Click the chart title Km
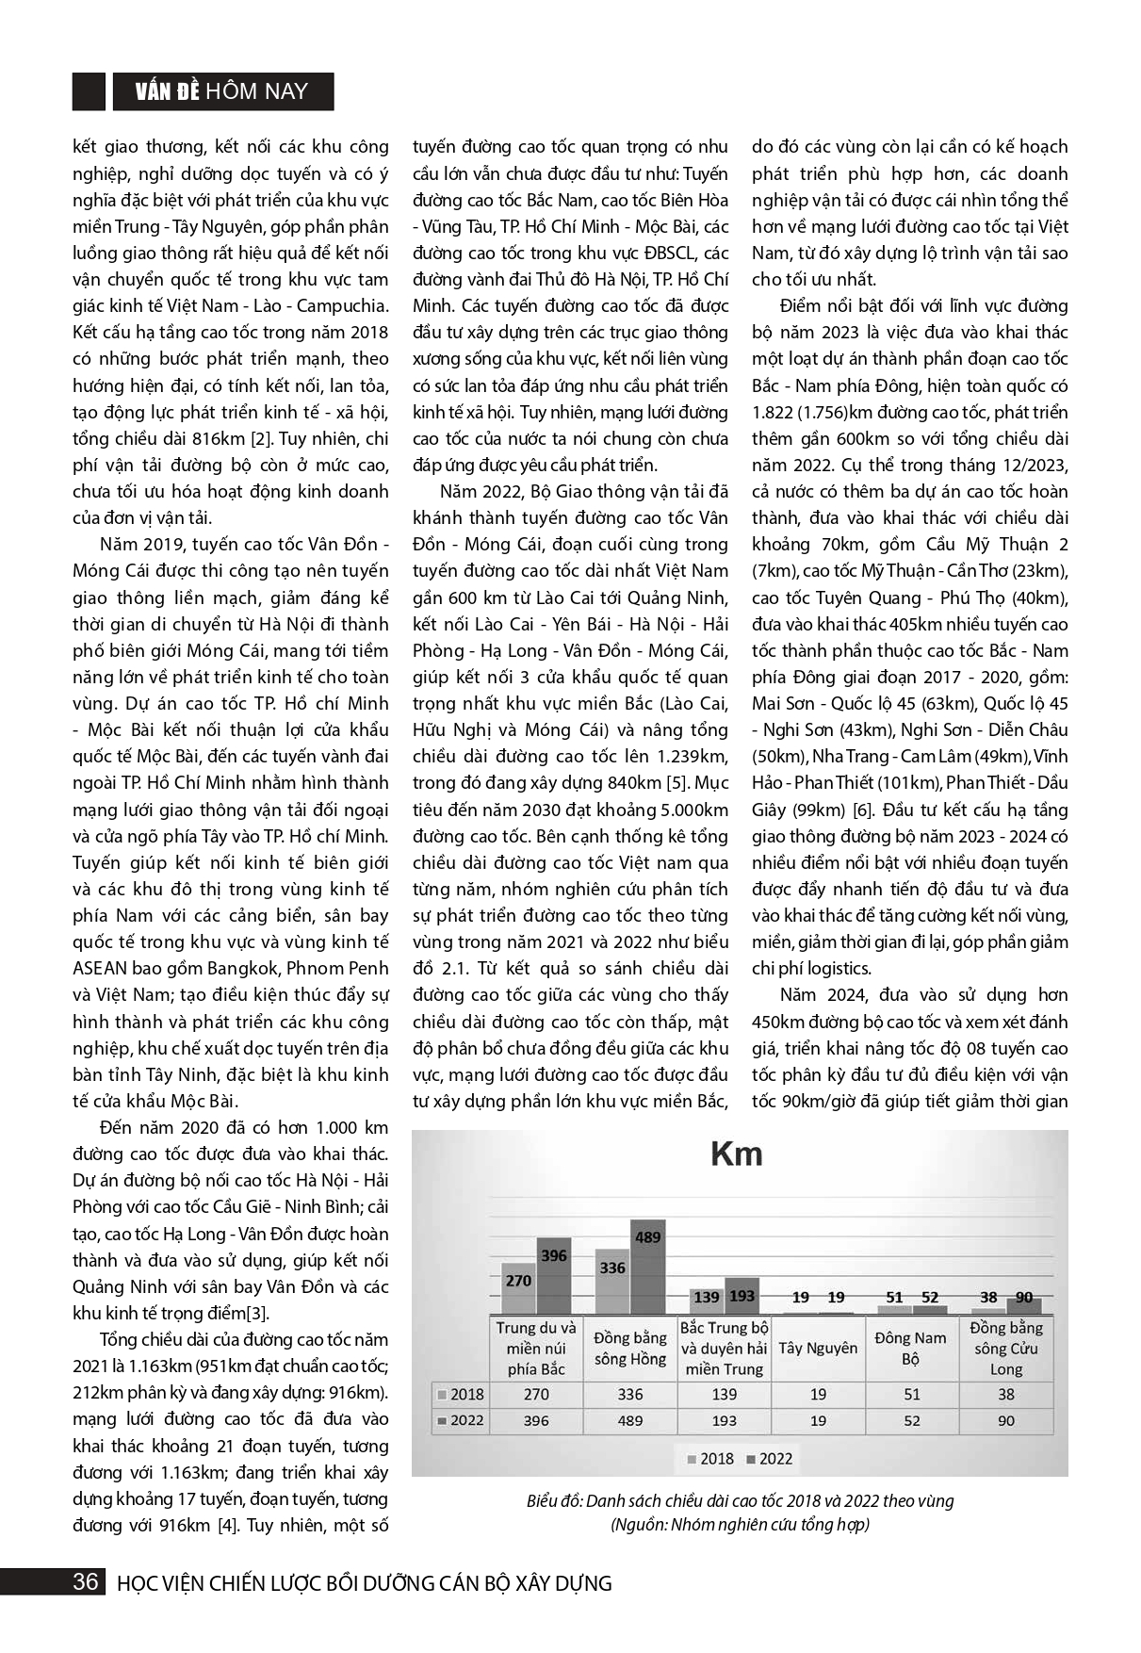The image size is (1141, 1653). coord(736,1154)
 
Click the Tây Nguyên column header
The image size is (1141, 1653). coord(818,1348)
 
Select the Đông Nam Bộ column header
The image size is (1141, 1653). coord(910,1348)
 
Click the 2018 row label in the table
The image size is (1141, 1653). coord(466,1394)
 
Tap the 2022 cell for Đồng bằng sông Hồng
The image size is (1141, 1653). coord(629,1420)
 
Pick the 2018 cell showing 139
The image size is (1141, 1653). coord(724,1394)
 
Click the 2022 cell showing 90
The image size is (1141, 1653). coord(1005,1420)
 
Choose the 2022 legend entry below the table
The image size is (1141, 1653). coord(770,1458)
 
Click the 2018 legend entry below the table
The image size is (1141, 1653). coord(711,1458)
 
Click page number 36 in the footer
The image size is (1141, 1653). coord(86,1582)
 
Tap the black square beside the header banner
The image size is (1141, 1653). coord(89,91)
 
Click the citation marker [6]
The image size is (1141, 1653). coord(862,810)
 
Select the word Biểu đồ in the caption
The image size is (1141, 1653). coord(552,1501)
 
